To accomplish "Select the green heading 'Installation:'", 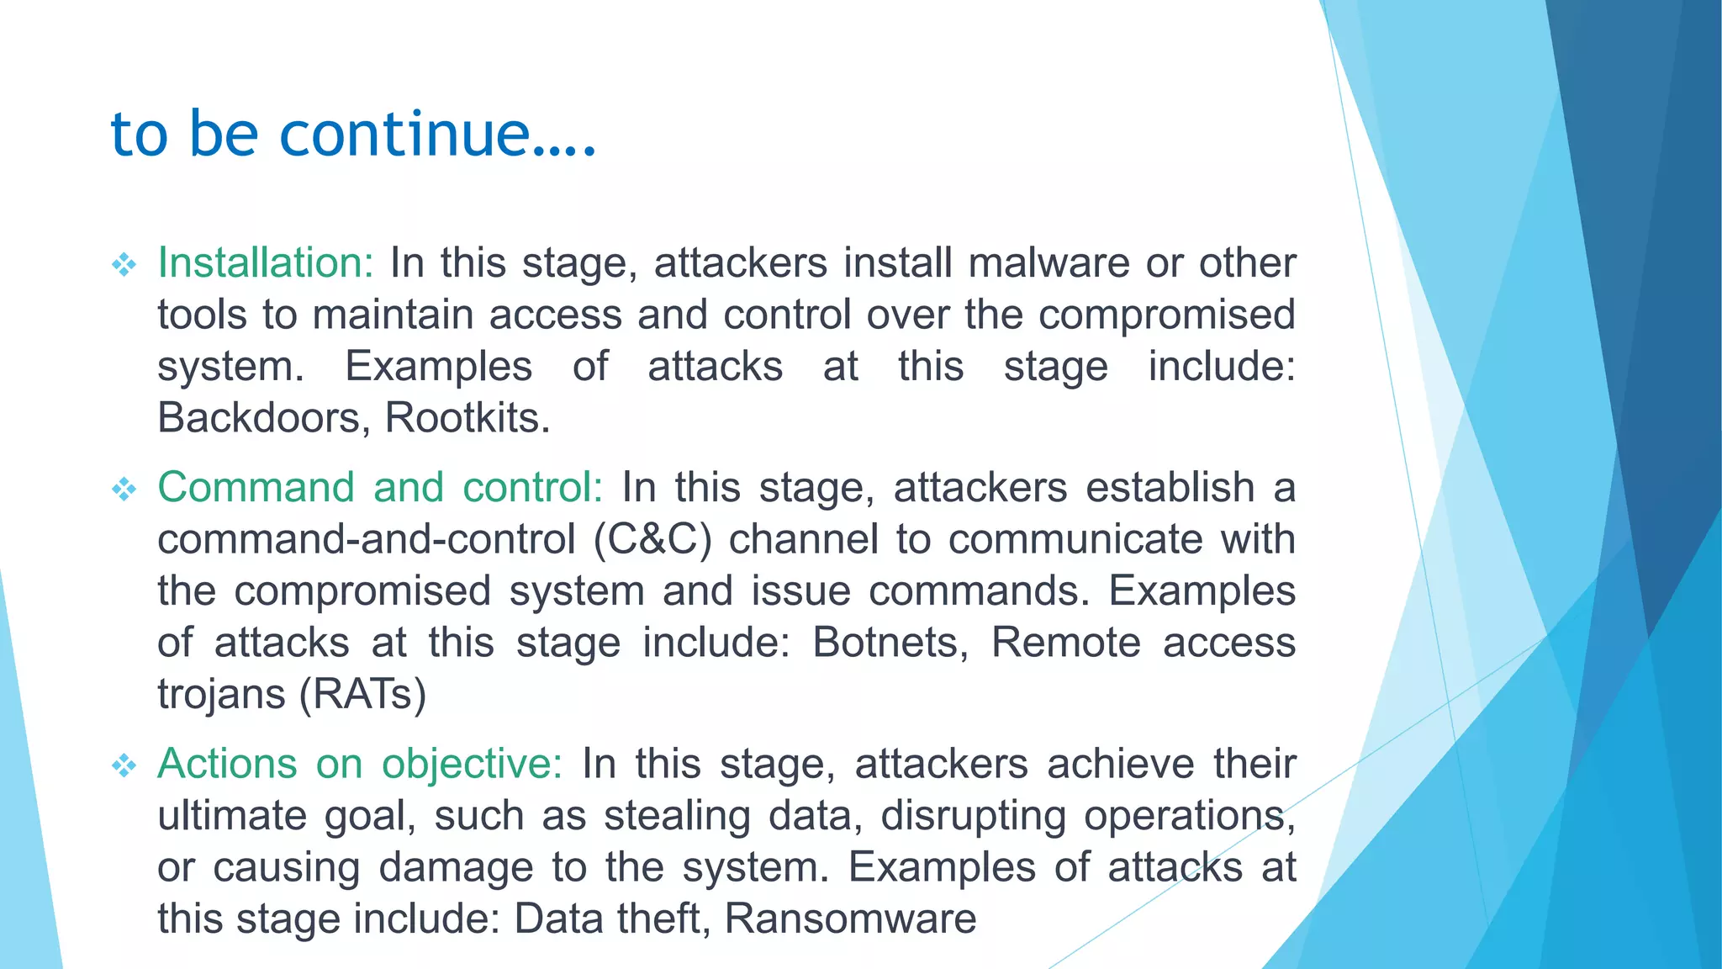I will tap(265, 263).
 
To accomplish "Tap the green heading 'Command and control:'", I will tap(380, 488).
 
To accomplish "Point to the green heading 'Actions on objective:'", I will tap(360, 765).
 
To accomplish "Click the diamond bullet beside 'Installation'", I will tap(124, 266).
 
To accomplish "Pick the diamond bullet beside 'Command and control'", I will tap(124, 490).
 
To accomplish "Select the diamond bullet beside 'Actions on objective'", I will tap(124, 765).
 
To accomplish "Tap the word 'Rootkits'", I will tap(467, 418).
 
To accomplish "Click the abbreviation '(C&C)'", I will tap(652, 540).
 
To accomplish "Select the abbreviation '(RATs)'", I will tap(362, 695).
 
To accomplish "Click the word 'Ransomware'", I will tap(850, 919).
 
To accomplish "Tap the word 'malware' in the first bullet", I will tap(1049, 263).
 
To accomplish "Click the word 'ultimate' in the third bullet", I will tap(232, 816).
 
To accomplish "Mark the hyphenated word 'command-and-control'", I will tap(367, 540).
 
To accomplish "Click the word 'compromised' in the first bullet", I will tap(1166, 315).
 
